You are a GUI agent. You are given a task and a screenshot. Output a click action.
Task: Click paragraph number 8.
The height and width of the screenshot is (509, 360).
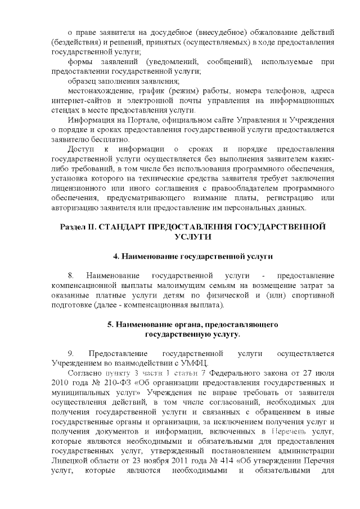tap(71, 276)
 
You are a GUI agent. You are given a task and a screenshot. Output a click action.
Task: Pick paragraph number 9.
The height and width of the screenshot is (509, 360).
tap(71, 353)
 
